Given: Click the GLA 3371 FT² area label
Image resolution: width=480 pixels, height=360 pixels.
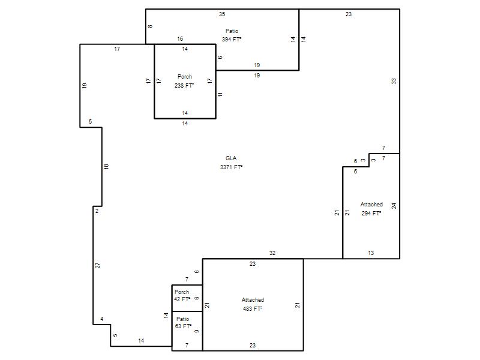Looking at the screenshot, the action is pyautogui.click(x=231, y=163).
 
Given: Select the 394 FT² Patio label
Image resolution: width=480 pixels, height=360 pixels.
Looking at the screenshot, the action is pyautogui.click(x=232, y=35).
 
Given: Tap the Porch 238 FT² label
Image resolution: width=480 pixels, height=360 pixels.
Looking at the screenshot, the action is pyautogui.click(x=185, y=81).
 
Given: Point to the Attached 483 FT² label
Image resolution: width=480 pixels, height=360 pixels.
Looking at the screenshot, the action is pyautogui.click(x=253, y=304).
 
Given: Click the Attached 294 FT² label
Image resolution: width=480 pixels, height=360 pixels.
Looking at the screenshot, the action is pyautogui.click(x=371, y=209).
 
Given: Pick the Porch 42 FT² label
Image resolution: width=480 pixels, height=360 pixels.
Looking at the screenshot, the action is pyautogui.click(x=182, y=295).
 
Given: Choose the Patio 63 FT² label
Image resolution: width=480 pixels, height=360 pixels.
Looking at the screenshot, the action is pyautogui.click(x=183, y=323).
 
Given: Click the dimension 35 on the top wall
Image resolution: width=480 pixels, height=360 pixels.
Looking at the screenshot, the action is pyautogui.click(x=222, y=14).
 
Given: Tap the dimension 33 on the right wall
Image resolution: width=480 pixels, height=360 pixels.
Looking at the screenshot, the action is pyautogui.click(x=394, y=81).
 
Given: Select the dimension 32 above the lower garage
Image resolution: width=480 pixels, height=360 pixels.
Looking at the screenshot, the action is pyautogui.click(x=272, y=253).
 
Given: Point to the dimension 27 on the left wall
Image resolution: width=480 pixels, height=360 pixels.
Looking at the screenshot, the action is pyautogui.click(x=98, y=265).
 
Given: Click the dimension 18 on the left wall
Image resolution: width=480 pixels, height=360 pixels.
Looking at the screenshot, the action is pyautogui.click(x=106, y=167).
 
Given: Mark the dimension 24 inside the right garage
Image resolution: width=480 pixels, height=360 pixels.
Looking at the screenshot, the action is pyautogui.click(x=394, y=206).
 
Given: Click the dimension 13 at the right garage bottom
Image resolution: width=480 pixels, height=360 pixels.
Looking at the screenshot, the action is pyautogui.click(x=371, y=253).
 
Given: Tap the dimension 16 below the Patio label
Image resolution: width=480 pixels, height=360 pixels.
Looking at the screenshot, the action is pyautogui.click(x=180, y=38).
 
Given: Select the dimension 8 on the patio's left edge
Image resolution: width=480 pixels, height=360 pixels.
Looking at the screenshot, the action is pyautogui.click(x=150, y=26).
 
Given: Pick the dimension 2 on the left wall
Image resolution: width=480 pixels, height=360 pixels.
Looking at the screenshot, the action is pyautogui.click(x=97, y=211).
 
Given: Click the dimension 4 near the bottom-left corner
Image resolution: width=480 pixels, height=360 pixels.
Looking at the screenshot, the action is pyautogui.click(x=101, y=319).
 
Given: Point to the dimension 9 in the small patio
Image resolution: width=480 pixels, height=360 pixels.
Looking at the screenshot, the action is pyautogui.click(x=197, y=331).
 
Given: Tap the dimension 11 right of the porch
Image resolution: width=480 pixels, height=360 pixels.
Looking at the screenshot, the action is pyautogui.click(x=220, y=95).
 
